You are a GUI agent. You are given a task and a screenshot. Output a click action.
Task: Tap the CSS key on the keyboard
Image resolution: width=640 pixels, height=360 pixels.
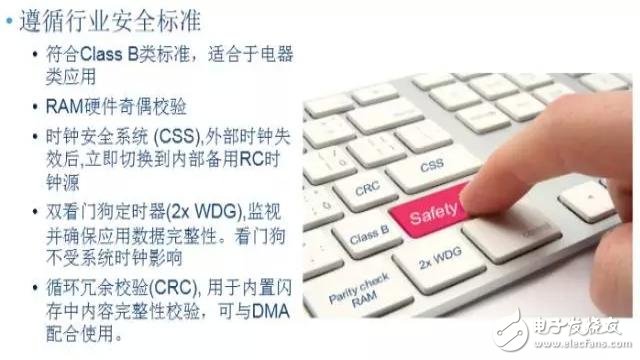(x=431, y=166)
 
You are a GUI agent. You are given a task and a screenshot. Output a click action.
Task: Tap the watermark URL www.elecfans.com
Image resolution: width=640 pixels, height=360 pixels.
(x=586, y=343)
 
